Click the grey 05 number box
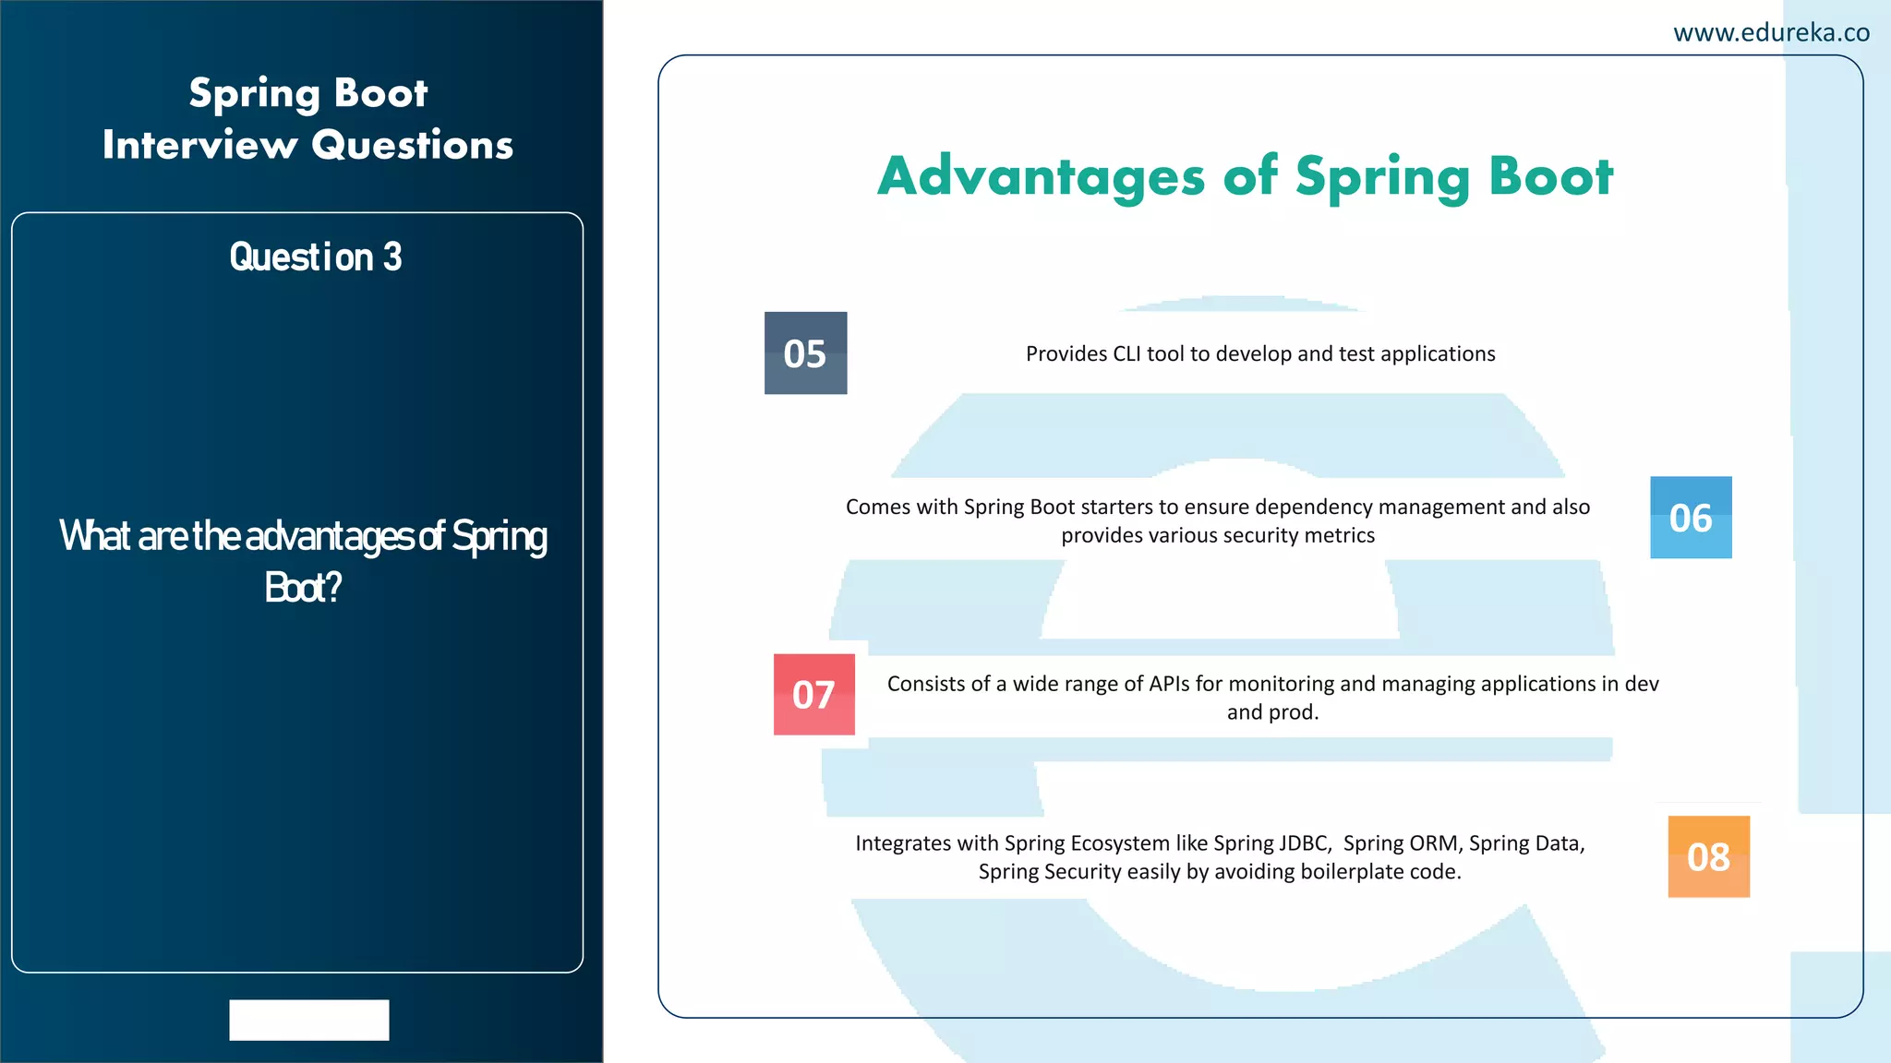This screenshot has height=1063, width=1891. [x=805, y=353]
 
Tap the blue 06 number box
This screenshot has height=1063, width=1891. [x=1691, y=518]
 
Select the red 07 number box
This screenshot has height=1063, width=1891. [x=813, y=695]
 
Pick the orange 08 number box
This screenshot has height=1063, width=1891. [x=1708, y=857]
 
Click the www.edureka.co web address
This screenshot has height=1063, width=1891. [x=1771, y=33]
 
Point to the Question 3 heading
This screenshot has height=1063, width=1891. [x=316, y=257]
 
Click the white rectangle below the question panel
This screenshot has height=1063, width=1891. [x=309, y=1020]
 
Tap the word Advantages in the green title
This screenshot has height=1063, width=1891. [x=1041, y=176]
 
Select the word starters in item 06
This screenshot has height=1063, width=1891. [x=1117, y=508]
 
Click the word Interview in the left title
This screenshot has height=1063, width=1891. [x=199, y=146]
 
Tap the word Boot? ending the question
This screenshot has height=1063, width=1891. [x=303, y=588]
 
